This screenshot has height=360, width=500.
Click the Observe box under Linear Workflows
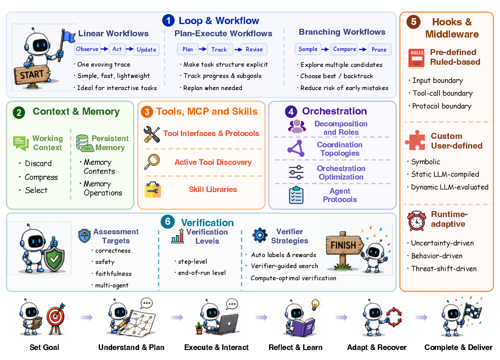(87, 49)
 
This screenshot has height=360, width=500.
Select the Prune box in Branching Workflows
(379, 49)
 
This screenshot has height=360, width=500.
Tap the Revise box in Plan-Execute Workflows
(254, 49)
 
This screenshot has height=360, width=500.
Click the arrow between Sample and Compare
(325, 49)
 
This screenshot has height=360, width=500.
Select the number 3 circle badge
(147, 112)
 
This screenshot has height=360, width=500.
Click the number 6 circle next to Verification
(167, 221)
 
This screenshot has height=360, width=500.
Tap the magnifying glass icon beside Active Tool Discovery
(152, 162)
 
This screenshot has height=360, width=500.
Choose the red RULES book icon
(416, 58)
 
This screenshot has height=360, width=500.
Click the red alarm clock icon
(416, 221)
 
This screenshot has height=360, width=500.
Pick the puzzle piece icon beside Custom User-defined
(415, 140)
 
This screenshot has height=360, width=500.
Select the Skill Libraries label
(213, 190)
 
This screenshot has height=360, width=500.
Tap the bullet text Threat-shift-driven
(444, 269)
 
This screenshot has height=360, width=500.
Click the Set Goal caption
(44, 347)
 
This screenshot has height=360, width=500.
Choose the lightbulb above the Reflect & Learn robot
(315, 304)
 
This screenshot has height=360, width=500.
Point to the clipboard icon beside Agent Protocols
(296, 195)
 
